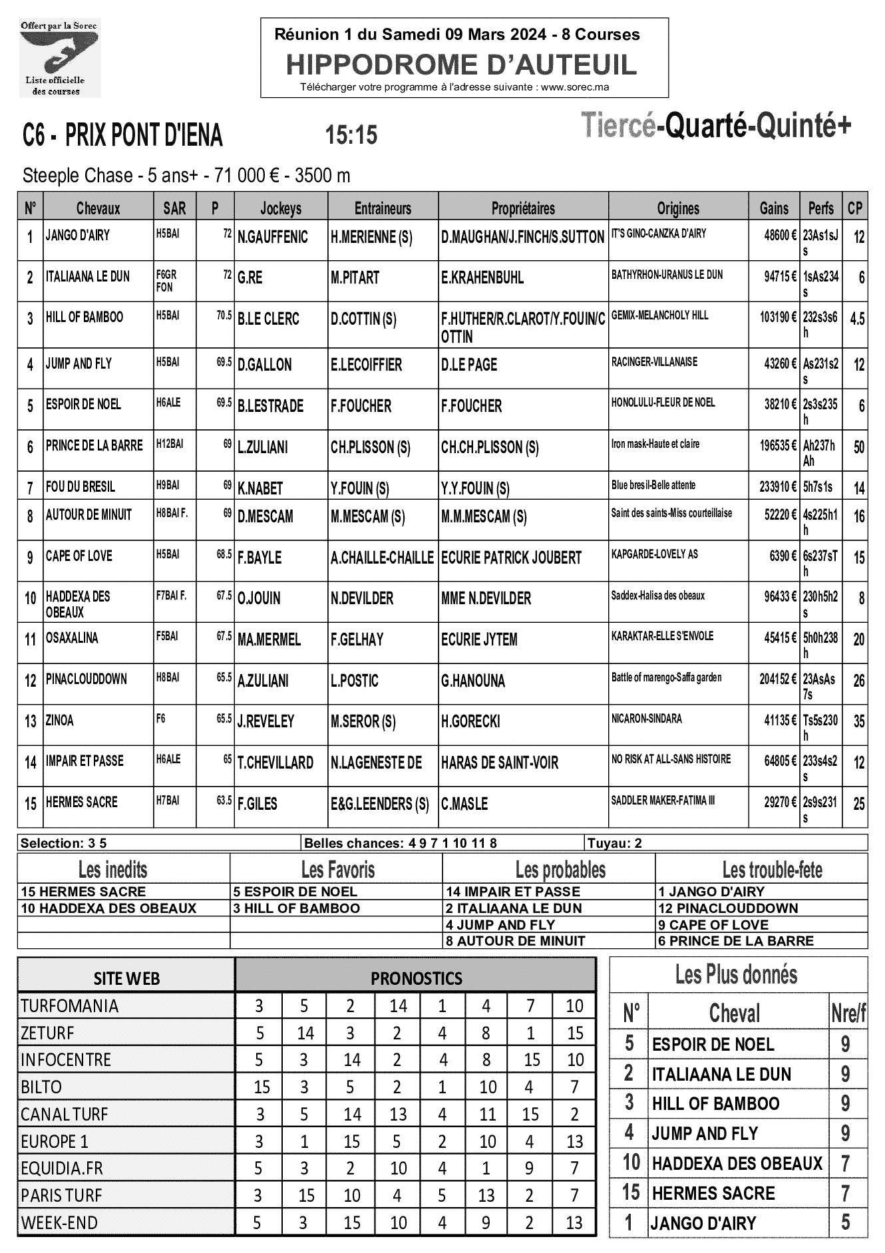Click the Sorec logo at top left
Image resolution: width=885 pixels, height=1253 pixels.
tap(59, 58)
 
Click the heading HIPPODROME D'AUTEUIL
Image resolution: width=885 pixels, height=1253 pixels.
tap(461, 65)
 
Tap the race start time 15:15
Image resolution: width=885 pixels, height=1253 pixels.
tap(351, 135)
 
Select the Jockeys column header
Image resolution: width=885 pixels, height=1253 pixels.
tap(280, 208)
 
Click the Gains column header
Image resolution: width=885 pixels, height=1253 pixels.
tap(774, 208)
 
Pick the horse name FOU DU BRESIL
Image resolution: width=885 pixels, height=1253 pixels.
tap(81, 487)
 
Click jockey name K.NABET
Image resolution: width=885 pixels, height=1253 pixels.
tap(260, 489)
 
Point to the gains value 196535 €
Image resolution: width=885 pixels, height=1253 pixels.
tap(778, 446)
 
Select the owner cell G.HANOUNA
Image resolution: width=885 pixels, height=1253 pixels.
tap(473, 681)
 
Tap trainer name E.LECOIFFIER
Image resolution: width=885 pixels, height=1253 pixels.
tap(366, 365)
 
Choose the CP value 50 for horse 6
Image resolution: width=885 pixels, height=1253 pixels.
tap(858, 448)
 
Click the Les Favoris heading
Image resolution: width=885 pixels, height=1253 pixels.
tap(337, 870)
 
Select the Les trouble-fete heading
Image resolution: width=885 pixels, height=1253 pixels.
tap(772, 870)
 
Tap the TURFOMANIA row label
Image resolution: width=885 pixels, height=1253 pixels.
tap(69, 1006)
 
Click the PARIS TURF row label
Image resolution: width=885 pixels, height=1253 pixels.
tap(61, 1196)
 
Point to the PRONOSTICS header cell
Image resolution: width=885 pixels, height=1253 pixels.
tap(416, 978)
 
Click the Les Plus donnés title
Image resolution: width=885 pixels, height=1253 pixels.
tap(736, 975)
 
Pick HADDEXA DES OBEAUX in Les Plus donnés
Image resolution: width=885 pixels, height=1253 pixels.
tap(737, 1163)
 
